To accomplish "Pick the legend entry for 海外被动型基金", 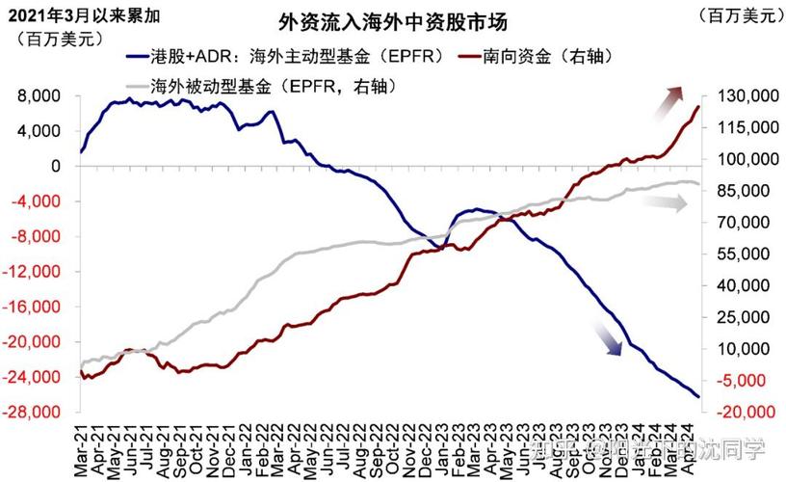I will (x=260, y=86).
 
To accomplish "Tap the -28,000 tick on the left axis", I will (x=34, y=413).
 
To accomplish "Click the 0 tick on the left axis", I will (x=56, y=167).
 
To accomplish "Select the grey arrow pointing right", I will (x=662, y=203).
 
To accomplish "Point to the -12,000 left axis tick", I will (x=34, y=272).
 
